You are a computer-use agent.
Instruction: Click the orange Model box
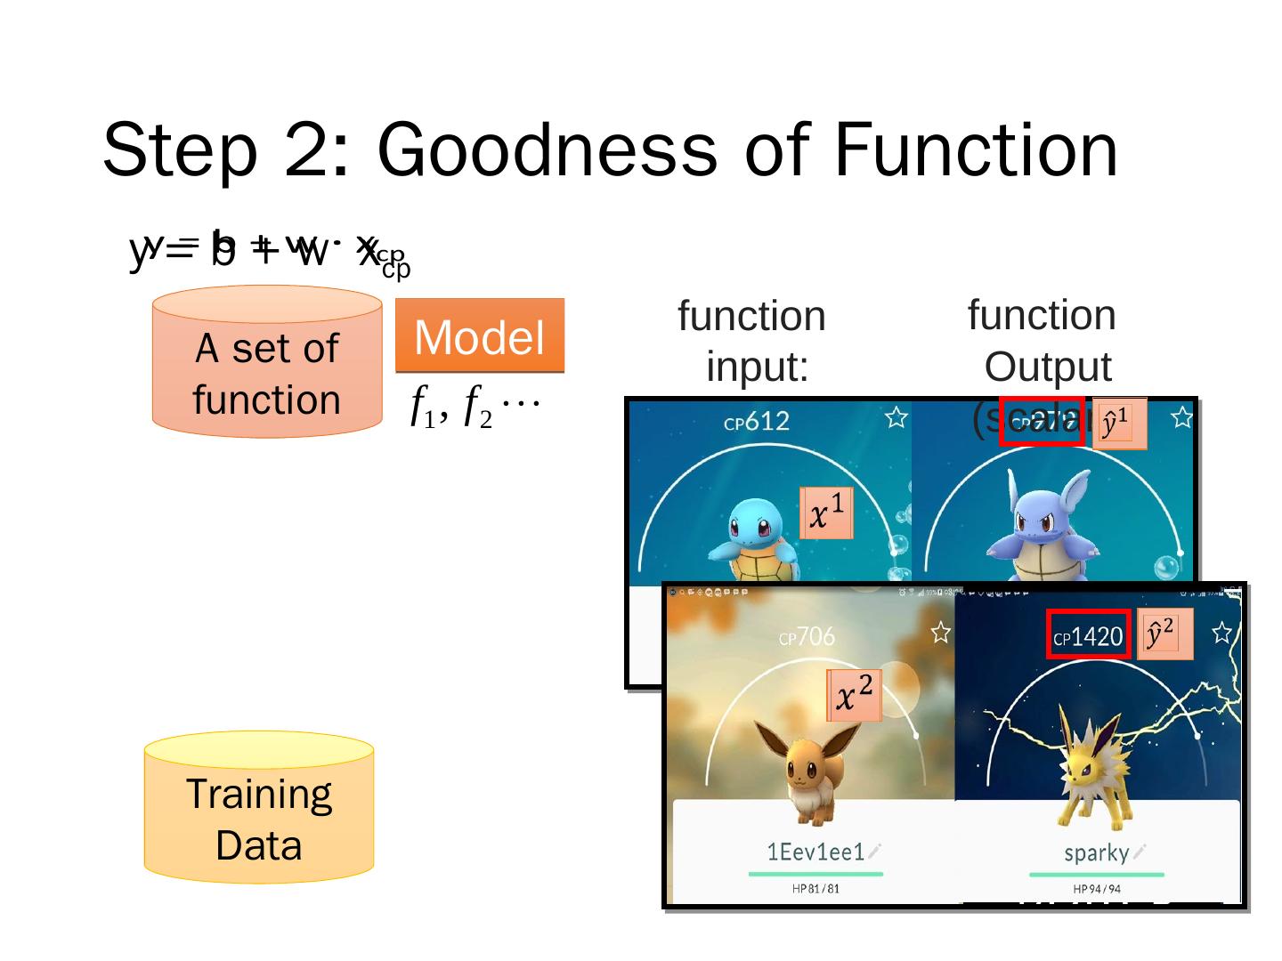point(479,335)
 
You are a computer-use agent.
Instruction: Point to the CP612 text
point(757,421)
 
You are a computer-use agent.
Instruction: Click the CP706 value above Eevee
point(807,636)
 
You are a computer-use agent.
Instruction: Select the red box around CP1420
point(1089,635)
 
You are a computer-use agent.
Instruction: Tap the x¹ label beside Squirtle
point(827,513)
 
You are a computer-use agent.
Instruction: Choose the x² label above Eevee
point(854,695)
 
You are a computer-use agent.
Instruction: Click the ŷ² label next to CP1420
point(1164,634)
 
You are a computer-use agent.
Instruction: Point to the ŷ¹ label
point(1118,423)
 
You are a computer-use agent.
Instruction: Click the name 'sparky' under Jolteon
point(1097,852)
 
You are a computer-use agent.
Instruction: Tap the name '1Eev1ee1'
point(815,852)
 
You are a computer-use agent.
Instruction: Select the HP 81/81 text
point(815,888)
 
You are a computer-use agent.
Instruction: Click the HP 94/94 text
point(1097,888)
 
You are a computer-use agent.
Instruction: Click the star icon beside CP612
point(896,417)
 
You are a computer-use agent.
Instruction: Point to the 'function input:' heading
point(753,341)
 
